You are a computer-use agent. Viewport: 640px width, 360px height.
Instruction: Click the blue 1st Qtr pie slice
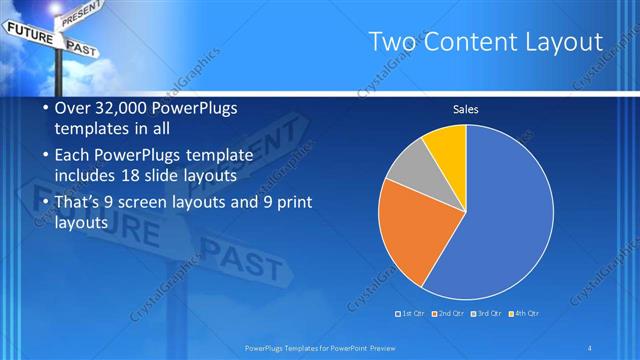pyautogui.click(x=505, y=215)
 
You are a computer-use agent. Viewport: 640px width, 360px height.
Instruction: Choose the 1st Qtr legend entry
pyautogui.click(x=412, y=313)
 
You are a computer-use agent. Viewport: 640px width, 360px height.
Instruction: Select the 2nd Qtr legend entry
pyautogui.click(x=448, y=313)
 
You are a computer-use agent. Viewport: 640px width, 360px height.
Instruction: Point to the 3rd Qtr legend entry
pyautogui.click(x=486, y=313)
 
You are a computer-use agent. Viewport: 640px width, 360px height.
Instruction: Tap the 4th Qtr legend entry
pyautogui.click(x=523, y=313)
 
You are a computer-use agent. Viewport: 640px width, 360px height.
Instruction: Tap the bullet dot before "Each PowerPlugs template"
pyautogui.click(x=34, y=155)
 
